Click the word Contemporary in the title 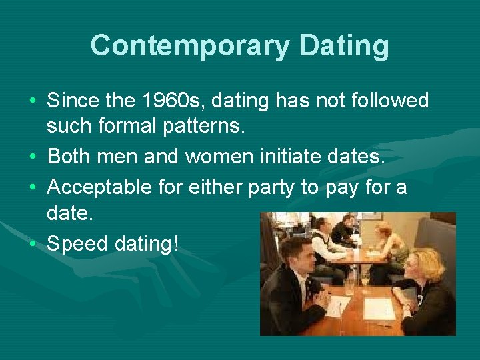click(189, 46)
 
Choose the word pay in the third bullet click(344, 187)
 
